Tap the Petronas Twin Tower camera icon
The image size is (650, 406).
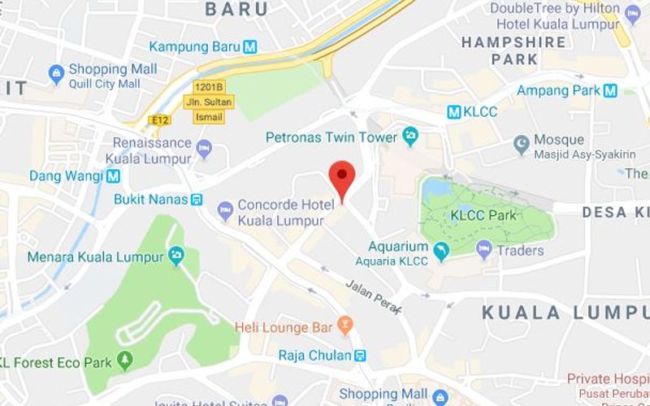pos(409,137)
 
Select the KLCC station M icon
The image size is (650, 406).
pos(454,112)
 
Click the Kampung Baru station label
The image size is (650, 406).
pos(194,46)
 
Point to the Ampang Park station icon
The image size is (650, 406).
pos(610,90)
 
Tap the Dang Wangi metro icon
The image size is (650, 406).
pos(113,175)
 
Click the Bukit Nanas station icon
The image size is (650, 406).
pos(197,199)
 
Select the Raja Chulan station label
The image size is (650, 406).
pos(314,355)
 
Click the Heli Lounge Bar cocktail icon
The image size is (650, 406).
pos(345,326)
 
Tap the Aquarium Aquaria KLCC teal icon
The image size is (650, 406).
pos(441,252)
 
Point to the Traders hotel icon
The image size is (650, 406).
pos(485,250)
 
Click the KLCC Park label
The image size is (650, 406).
pos(483,215)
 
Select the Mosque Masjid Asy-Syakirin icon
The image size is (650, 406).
pos(522,145)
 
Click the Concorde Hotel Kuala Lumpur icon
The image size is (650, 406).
pos(225,212)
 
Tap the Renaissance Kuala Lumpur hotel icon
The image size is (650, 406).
pos(204,149)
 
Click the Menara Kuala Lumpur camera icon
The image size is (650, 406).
pos(176,257)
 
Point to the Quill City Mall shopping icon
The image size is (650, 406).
pos(56,76)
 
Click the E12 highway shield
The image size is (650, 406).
pos(159,120)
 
